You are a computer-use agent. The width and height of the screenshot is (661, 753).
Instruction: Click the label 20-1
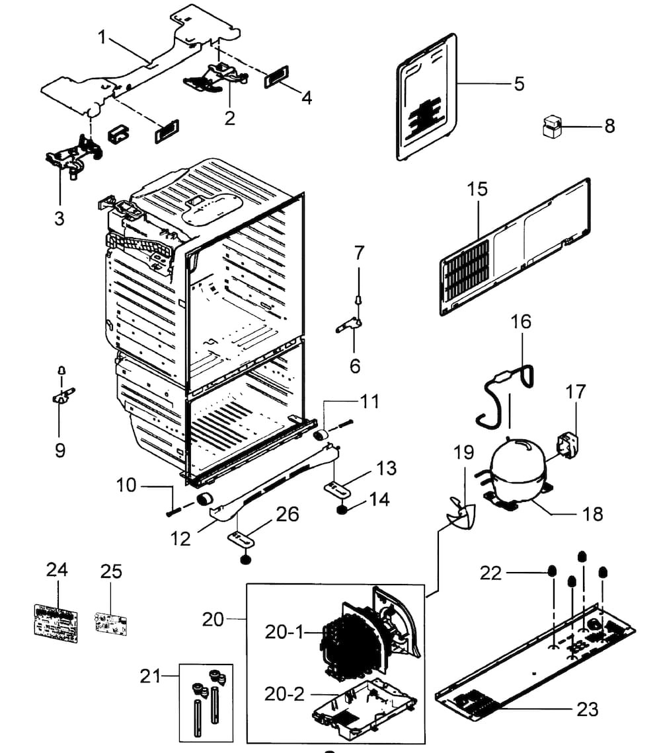pos(284,632)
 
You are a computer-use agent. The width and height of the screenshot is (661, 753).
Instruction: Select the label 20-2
pos(284,694)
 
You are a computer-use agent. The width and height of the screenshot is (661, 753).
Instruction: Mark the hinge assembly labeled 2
pos(215,76)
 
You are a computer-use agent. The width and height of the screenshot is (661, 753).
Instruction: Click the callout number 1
pos(102,37)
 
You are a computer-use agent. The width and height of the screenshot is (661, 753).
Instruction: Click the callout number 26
pos(288,513)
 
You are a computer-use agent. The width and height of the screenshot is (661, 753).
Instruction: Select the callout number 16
pos(521,322)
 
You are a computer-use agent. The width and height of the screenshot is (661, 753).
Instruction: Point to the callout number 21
pos(151,676)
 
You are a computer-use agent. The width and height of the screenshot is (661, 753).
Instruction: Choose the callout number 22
pos(491,573)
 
